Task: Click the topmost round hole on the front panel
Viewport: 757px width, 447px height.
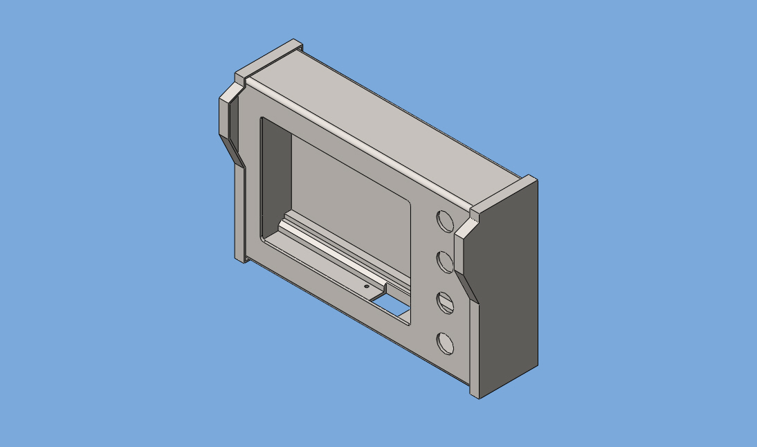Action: click(445, 221)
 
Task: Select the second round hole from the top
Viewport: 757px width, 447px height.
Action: click(445, 262)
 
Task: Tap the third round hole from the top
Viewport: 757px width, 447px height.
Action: click(445, 302)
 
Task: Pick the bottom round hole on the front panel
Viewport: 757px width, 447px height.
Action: click(445, 343)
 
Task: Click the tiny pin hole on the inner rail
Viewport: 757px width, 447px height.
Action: click(366, 286)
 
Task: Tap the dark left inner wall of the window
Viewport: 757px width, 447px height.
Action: click(275, 180)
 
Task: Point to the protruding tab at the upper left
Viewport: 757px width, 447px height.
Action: click(226, 114)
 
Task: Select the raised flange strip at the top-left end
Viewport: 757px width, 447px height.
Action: click(270, 58)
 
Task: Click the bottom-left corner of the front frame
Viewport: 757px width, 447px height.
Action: click(241, 257)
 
